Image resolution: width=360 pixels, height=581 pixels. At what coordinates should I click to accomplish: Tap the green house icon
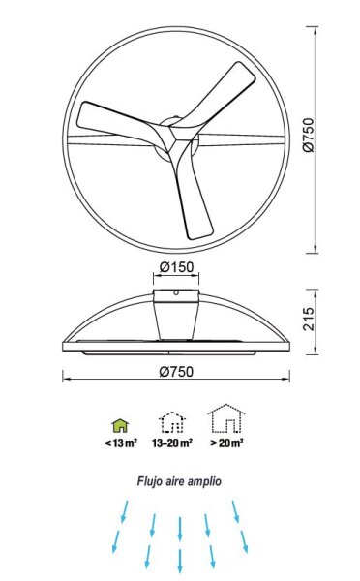(x=121, y=424)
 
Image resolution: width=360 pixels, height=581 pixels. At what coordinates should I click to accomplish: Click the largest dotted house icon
(x=225, y=419)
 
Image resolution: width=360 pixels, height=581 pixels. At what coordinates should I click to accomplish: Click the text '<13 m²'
(x=121, y=443)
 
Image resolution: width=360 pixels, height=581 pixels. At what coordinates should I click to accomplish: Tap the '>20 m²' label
(x=225, y=443)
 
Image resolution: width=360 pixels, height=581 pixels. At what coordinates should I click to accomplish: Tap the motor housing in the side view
(x=176, y=314)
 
